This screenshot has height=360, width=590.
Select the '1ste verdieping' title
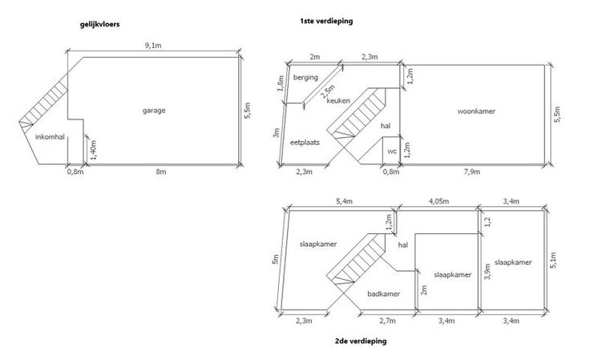(x=327, y=21)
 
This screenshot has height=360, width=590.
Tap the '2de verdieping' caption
(x=361, y=341)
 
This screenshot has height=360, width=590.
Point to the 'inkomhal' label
(x=50, y=138)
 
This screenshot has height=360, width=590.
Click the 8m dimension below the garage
(x=160, y=171)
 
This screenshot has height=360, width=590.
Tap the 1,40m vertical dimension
(x=94, y=149)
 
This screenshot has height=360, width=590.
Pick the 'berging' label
(x=305, y=78)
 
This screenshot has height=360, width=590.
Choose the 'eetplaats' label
(x=305, y=142)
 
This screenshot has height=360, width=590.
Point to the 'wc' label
(x=391, y=151)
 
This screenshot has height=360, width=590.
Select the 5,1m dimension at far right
(x=555, y=258)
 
